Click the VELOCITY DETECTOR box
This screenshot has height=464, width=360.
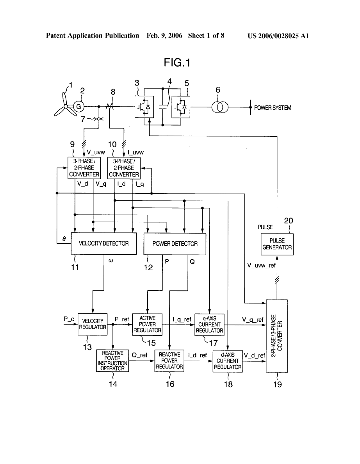pos(103,243)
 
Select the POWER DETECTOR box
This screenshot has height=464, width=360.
pos(175,243)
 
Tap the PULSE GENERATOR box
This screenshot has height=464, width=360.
pos(277,244)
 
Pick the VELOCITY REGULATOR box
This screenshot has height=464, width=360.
pos(93,324)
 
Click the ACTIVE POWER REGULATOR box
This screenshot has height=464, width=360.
pos(147,324)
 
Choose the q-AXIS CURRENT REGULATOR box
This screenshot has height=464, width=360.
pos(209,324)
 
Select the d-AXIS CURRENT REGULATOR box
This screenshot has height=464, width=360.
pos(228,361)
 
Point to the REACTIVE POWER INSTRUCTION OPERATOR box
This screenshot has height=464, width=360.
pos(112,360)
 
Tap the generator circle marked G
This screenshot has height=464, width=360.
pos(78,106)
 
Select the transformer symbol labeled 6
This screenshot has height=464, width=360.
pos(218,107)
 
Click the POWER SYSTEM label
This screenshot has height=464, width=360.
pos(273,108)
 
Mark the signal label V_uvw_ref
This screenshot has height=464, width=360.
pos(262,265)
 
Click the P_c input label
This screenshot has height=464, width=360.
pos(69,319)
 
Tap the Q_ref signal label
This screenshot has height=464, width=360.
pos(139,355)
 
